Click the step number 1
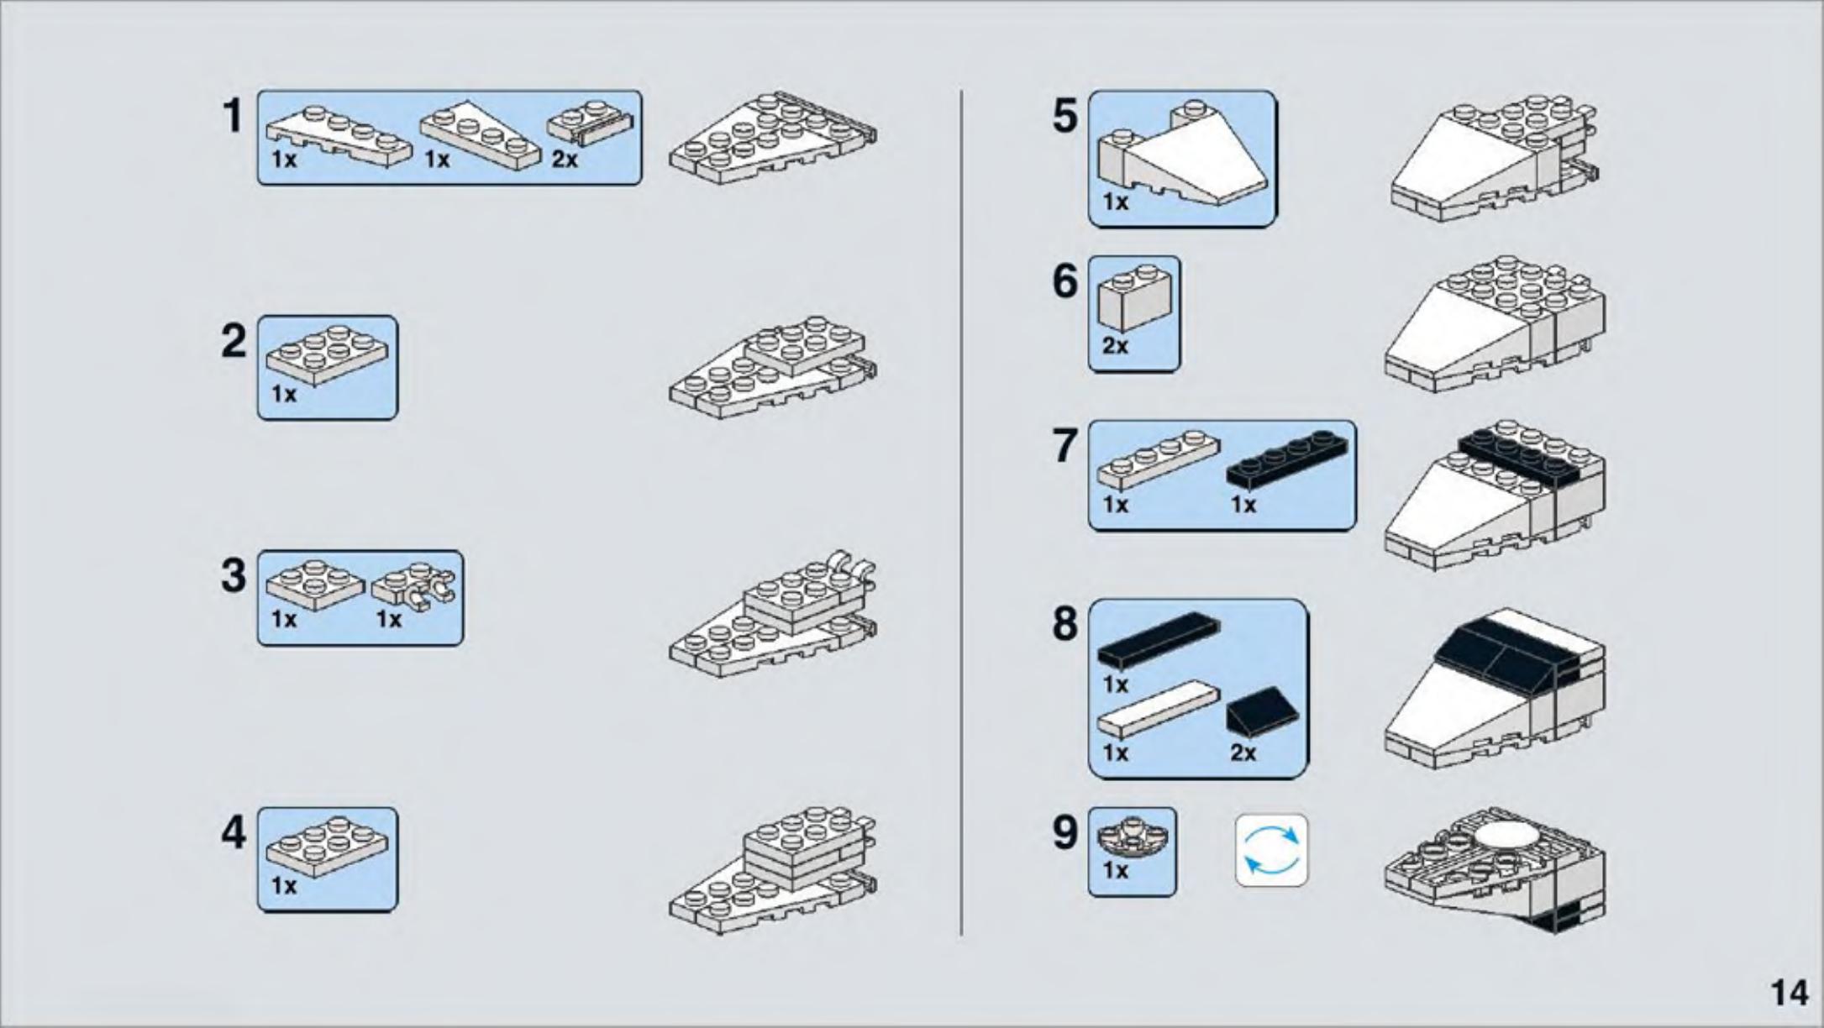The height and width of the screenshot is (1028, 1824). click(x=232, y=116)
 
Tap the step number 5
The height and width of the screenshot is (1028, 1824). click(x=1064, y=116)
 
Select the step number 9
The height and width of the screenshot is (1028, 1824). click(x=1064, y=832)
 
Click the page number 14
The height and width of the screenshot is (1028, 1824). click(x=1790, y=993)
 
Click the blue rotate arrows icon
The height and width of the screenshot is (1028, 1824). click(x=1271, y=850)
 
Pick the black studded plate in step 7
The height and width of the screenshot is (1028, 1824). click(x=1285, y=460)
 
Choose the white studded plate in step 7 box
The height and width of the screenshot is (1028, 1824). click(x=1158, y=460)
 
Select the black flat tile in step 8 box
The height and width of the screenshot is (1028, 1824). click(x=1159, y=640)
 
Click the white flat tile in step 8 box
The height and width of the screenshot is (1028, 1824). click(x=1158, y=710)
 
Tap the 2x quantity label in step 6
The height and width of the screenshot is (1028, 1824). click(x=1115, y=345)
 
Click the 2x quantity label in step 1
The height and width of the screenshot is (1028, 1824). click(x=565, y=159)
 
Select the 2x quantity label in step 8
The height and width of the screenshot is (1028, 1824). click(x=1243, y=753)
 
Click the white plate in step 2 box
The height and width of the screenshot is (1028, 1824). click(x=327, y=355)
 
